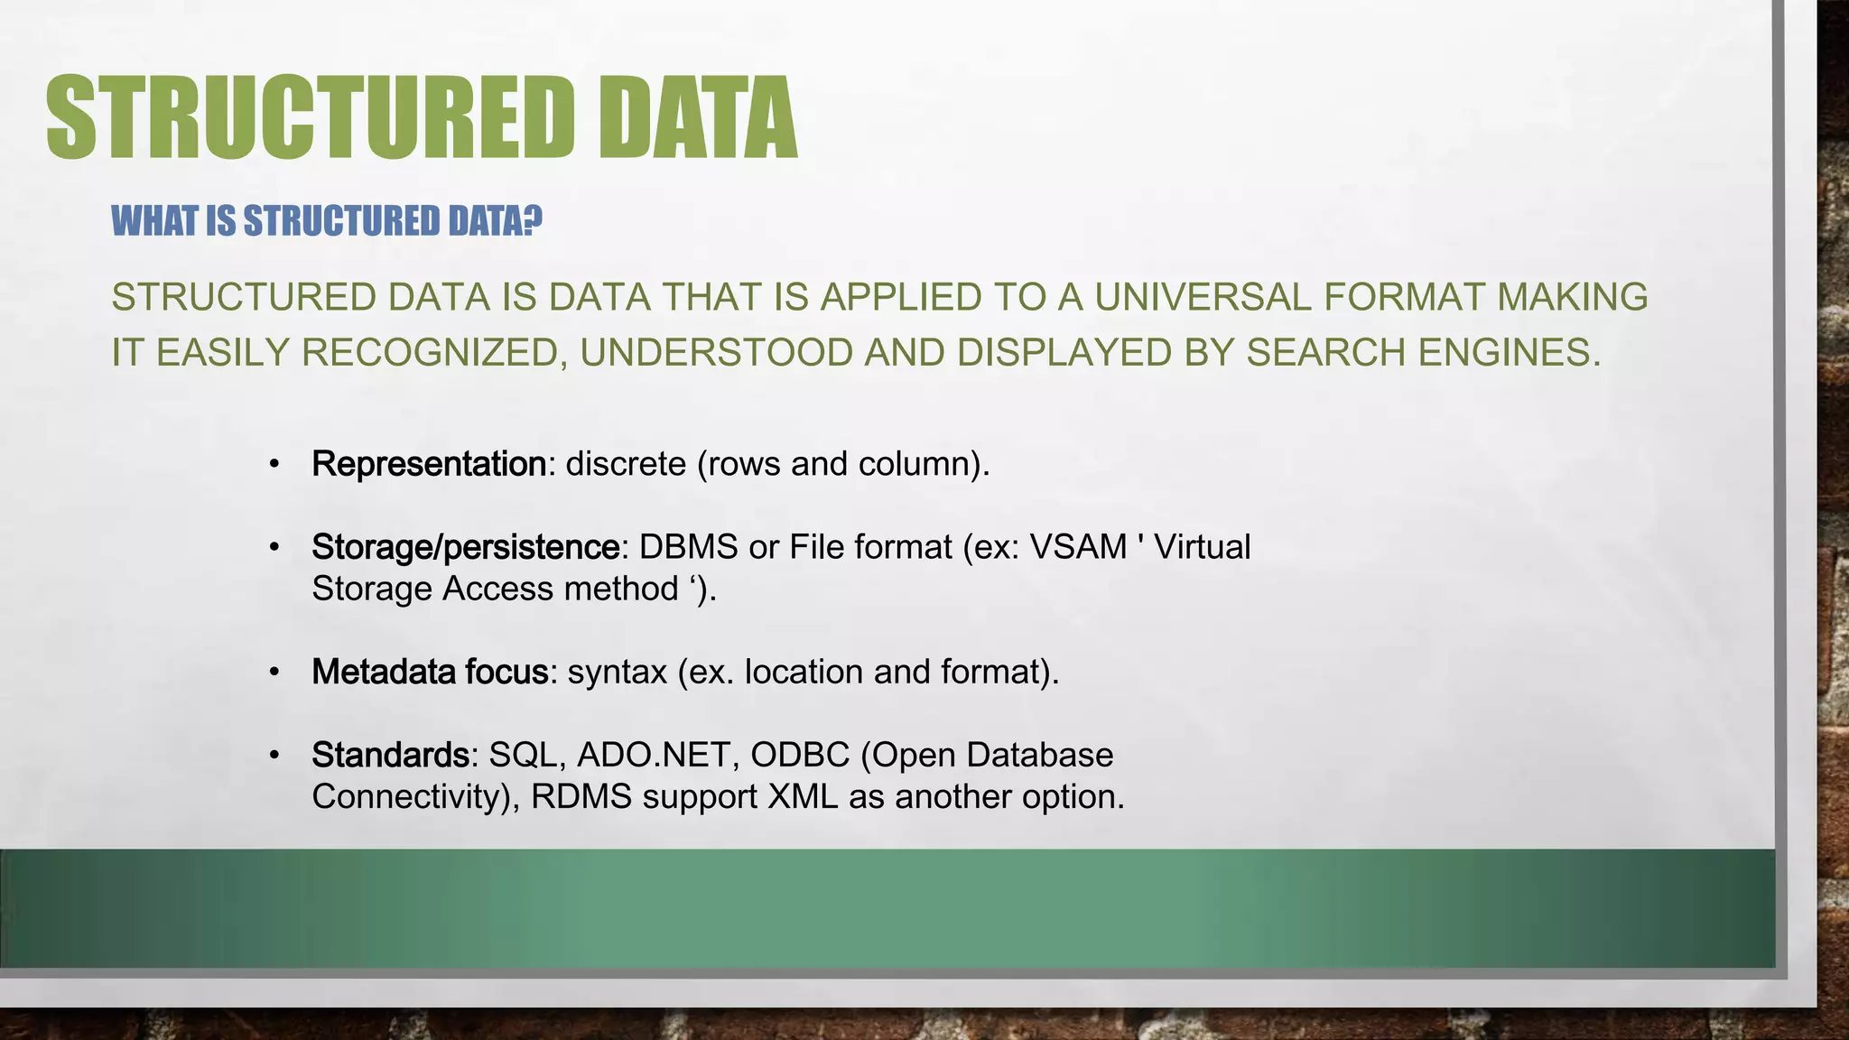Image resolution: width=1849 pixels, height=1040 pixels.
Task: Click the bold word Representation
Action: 429,464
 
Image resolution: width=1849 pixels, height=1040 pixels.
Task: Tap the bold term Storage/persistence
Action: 466,547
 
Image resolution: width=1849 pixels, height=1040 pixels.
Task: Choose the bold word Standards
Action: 390,755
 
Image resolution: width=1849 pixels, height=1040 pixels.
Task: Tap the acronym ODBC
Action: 800,755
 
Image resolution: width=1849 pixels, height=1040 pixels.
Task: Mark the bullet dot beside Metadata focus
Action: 274,673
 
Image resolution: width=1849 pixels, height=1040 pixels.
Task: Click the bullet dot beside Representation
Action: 274,465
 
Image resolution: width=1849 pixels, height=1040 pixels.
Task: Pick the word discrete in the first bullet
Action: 626,464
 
